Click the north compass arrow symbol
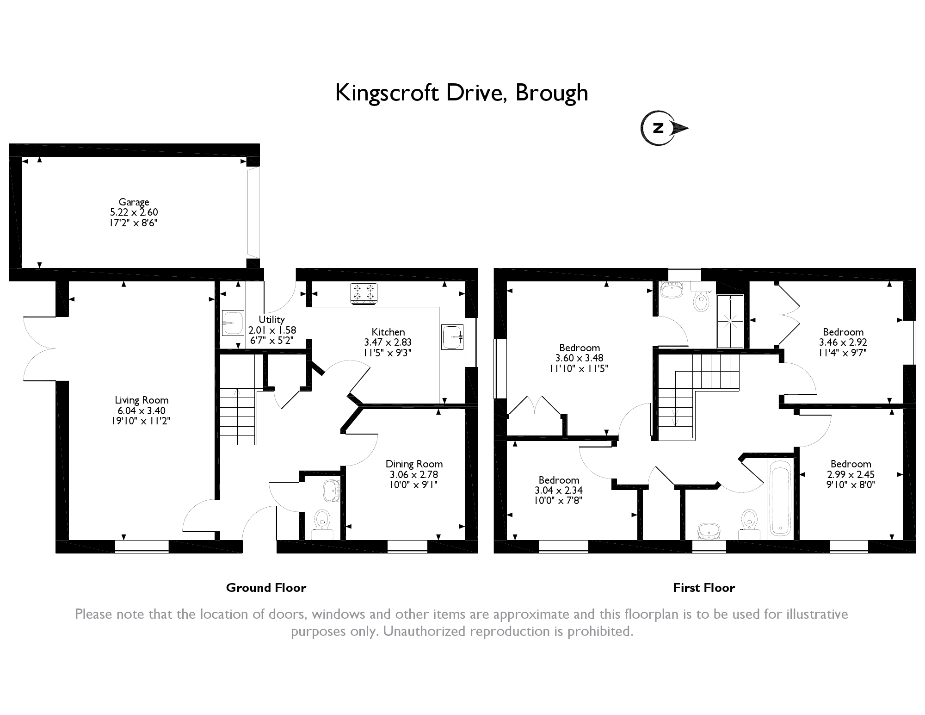pos(664,128)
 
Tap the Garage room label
pos(134,202)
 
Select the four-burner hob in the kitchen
pos(364,294)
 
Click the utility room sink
pos(233,323)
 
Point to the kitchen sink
pos(452,336)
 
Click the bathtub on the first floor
pos(780,500)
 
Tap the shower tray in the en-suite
pos(731,321)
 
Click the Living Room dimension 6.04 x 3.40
pos(142,410)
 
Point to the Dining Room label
pos(414,464)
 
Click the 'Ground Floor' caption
pos(266,588)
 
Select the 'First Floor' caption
pos(704,588)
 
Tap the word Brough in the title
pos(552,93)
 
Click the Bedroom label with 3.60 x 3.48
pos(580,348)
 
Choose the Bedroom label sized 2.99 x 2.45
pos(851,464)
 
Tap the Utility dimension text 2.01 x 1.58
pos(272,330)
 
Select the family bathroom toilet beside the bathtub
pos(749,524)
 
